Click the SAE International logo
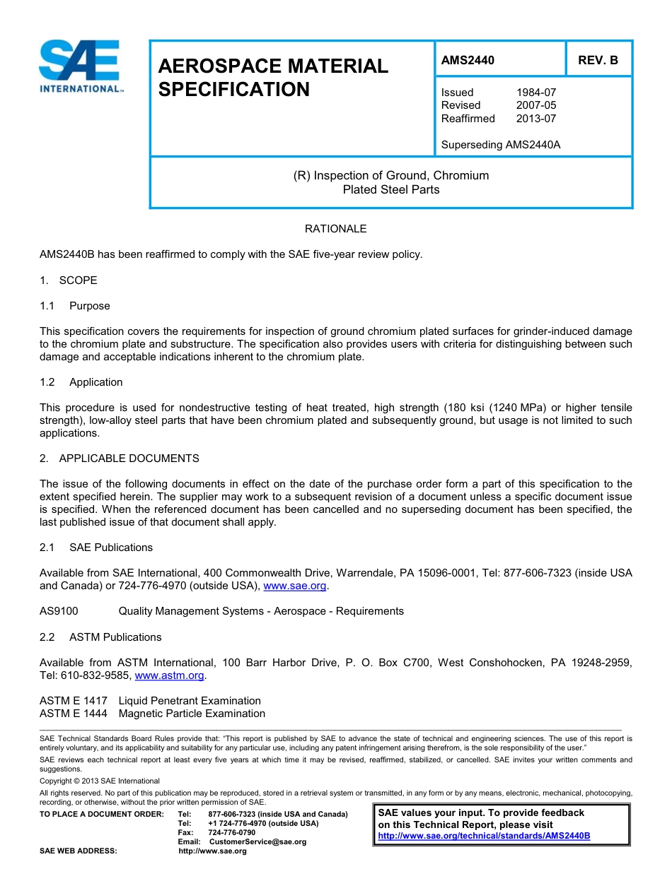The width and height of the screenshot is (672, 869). point(81,66)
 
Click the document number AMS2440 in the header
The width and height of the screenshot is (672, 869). point(468,61)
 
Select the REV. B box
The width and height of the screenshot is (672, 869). point(598,61)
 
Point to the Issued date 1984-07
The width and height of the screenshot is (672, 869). point(536,93)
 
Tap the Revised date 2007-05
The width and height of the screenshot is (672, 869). point(536,105)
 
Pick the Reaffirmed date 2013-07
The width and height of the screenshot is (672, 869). point(536,119)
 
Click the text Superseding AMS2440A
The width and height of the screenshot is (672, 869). point(500,145)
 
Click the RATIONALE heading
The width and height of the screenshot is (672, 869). point(335,229)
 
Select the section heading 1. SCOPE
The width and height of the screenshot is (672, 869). point(69,280)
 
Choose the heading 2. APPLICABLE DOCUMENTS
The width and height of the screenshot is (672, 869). point(120,459)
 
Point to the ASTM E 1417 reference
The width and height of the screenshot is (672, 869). point(74,701)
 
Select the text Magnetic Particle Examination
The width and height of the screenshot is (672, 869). point(192,714)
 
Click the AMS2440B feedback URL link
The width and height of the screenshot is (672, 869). point(484,836)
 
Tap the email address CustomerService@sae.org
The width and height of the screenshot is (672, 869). point(257,841)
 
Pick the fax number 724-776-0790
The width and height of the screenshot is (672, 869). point(231,832)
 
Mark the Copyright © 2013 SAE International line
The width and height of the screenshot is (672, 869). point(100,781)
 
